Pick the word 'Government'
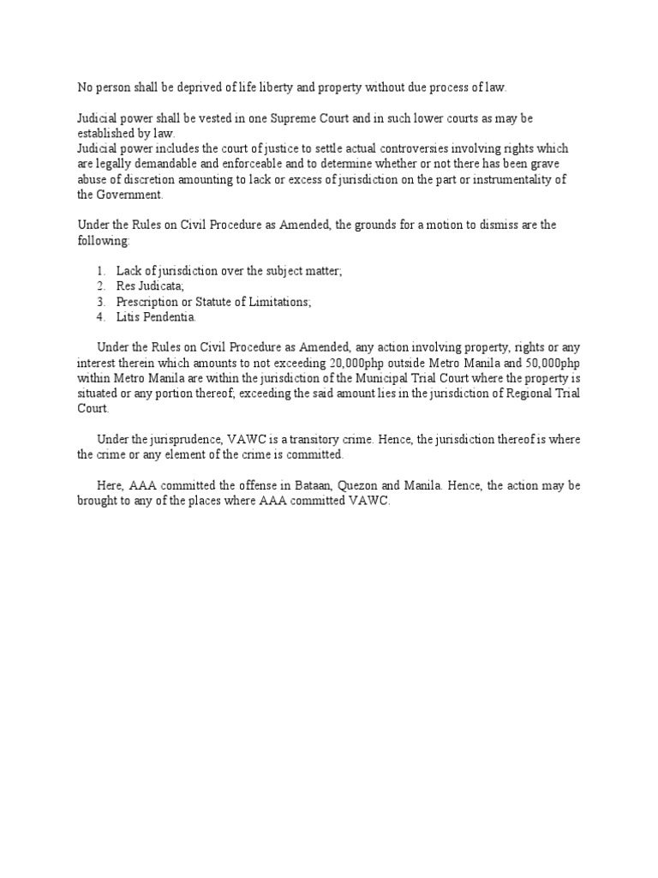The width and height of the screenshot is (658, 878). click(x=130, y=195)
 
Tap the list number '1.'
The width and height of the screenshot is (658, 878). click(x=101, y=271)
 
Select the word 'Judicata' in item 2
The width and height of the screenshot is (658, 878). click(x=161, y=286)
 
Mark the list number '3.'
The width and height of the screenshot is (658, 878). click(x=101, y=301)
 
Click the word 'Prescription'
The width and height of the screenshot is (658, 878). click(x=148, y=301)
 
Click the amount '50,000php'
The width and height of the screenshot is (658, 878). click(x=551, y=363)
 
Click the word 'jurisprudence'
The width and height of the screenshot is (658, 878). click(x=194, y=439)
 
